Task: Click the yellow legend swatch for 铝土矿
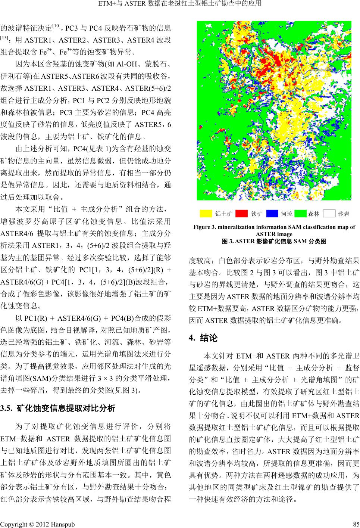[206, 214]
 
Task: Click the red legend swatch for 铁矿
[242, 214]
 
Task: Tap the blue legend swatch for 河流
[272, 214]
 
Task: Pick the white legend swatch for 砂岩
[329, 214]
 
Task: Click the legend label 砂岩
[344, 214]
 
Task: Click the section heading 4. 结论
[203, 338]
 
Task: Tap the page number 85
[355, 524]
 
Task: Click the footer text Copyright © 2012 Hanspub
[38, 524]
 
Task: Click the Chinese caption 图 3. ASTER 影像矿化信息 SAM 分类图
[274, 241]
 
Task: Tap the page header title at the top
[179, 4]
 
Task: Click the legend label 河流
[287, 214]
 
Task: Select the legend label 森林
[313, 214]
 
